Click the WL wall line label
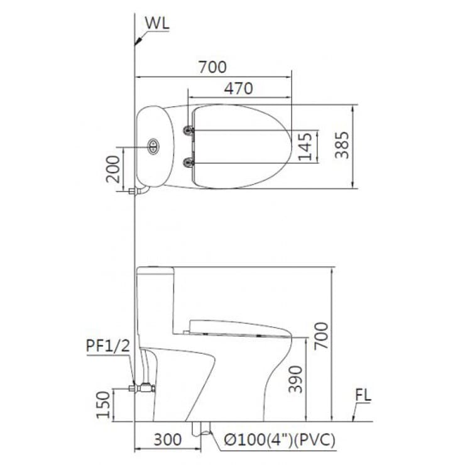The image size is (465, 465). [x=157, y=24]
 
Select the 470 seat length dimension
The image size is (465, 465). [x=239, y=89]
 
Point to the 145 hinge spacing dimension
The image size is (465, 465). [x=306, y=146]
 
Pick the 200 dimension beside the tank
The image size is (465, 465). [x=114, y=168]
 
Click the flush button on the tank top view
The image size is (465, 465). [x=153, y=146]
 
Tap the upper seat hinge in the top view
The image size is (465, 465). [x=189, y=130]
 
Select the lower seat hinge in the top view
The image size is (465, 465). [x=189, y=163]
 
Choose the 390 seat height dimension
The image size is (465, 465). [x=296, y=380]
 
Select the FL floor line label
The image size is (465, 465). [x=364, y=396]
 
